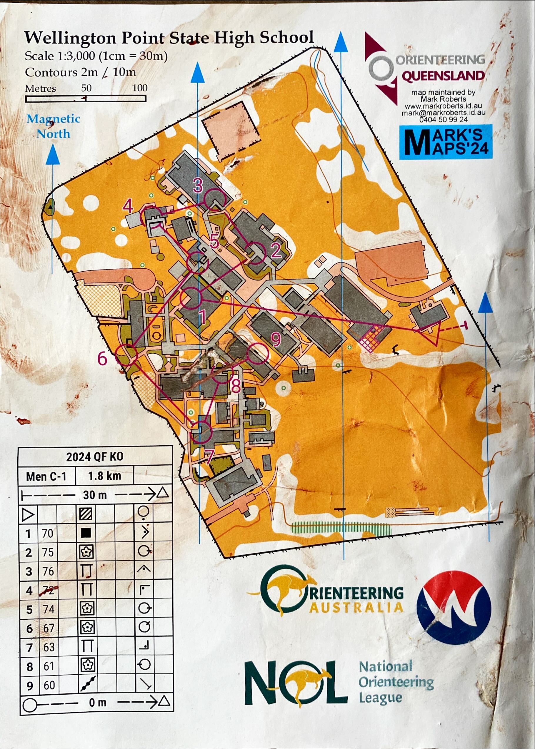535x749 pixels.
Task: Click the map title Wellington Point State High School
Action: (x=169, y=38)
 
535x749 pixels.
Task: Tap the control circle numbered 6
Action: (x=126, y=355)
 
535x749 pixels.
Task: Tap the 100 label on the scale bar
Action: (x=140, y=88)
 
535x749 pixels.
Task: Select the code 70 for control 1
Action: (x=47, y=533)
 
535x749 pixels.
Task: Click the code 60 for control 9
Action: (x=49, y=685)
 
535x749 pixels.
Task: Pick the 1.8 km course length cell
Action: (x=104, y=476)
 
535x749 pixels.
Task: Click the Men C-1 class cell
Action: (x=46, y=476)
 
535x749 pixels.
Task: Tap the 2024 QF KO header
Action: (x=95, y=457)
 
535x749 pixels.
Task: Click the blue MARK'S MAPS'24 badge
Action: (x=446, y=142)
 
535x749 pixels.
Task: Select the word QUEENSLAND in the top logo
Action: (x=443, y=76)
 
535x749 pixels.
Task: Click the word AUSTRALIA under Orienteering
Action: (x=356, y=608)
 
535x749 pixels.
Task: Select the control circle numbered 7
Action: (x=201, y=432)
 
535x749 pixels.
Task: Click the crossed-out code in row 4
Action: (x=48, y=591)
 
